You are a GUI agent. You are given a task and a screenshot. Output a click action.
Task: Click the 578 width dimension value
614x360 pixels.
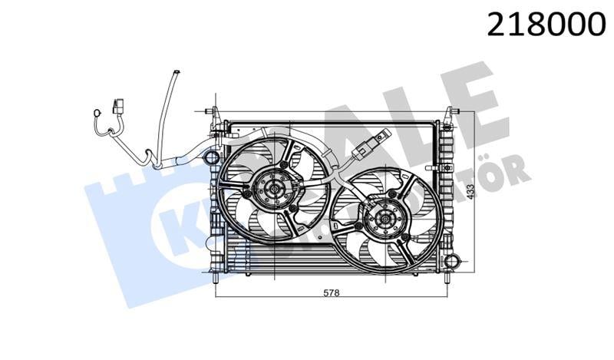pyautogui.click(x=331, y=292)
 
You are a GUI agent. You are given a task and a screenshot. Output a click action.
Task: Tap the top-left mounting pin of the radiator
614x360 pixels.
pyautogui.click(x=216, y=111)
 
